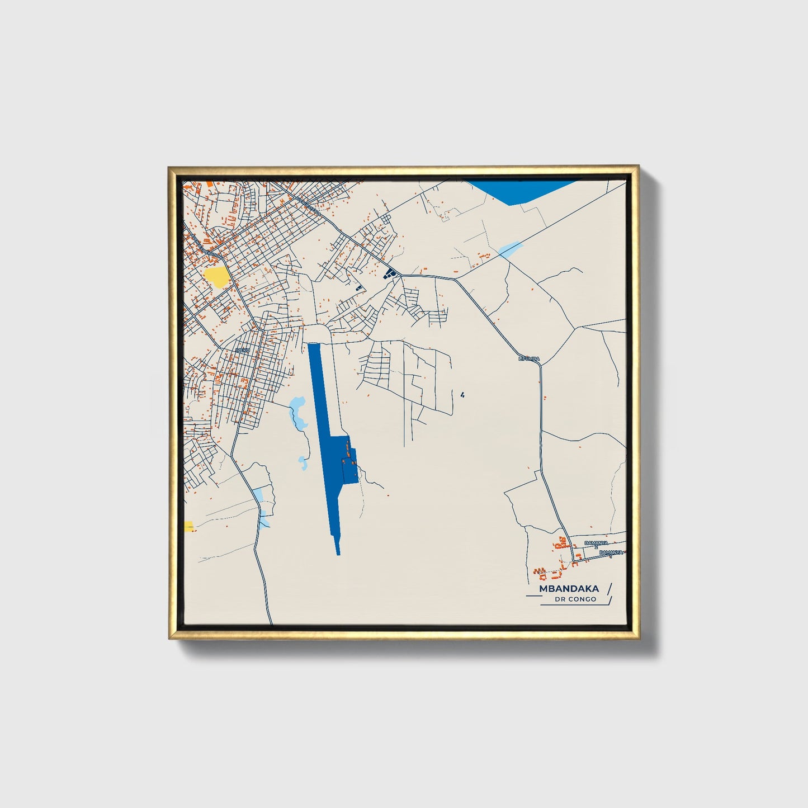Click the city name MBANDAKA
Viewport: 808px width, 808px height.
pos(569,588)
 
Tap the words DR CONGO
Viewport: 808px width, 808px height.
pos(575,599)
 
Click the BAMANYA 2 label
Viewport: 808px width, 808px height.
pos(596,544)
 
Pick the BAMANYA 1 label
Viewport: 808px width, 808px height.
pos(610,553)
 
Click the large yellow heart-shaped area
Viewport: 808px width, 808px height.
pos(217,276)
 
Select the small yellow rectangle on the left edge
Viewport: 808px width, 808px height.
pos(188,526)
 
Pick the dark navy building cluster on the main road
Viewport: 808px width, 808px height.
pos(390,273)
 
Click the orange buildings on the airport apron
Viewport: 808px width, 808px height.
pos(350,454)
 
